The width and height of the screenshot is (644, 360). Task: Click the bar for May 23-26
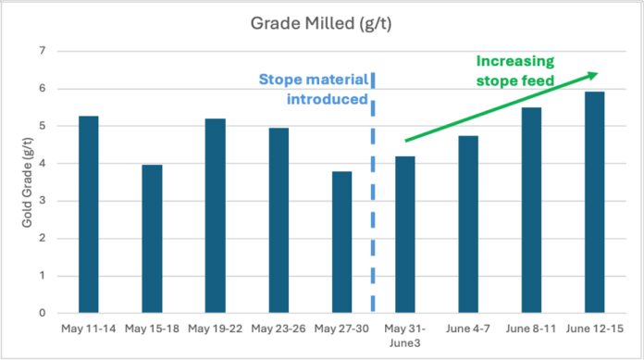coord(279,220)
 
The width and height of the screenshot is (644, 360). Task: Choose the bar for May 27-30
coord(342,242)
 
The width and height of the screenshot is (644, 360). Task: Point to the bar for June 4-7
coord(468,225)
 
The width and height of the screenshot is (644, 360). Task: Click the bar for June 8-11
coord(531,210)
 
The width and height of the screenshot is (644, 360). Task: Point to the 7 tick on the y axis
coord(42,51)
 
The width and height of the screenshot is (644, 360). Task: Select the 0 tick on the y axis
coord(42,313)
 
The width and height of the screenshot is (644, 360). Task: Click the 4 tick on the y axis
coord(42,164)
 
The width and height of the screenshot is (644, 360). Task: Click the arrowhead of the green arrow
coord(593,74)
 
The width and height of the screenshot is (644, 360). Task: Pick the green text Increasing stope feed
coord(516,72)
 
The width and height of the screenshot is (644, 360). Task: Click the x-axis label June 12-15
coord(593,329)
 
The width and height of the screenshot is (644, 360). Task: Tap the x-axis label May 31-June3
coord(405,335)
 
